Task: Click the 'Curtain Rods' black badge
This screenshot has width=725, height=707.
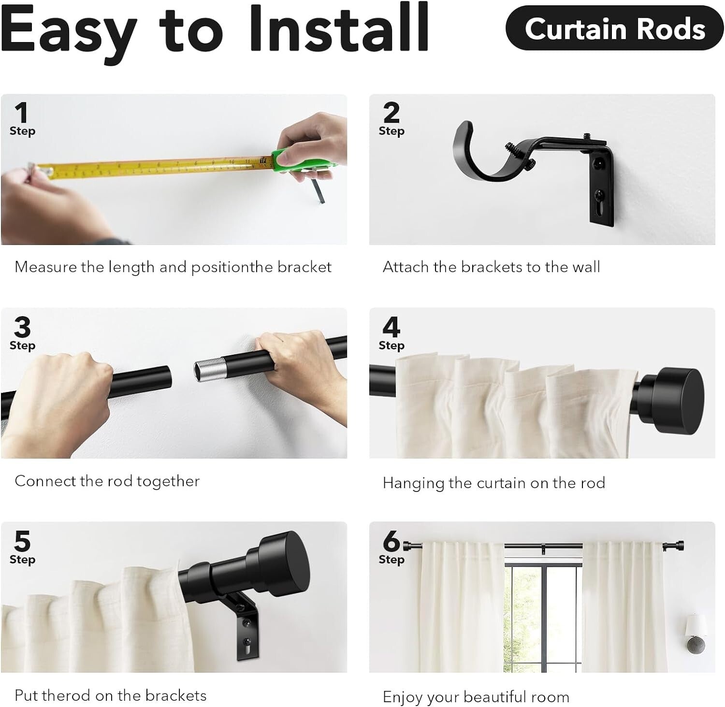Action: (614, 29)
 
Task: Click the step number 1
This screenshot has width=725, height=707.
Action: (21, 113)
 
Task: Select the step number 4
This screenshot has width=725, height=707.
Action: (391, 327)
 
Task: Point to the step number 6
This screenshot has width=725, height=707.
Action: (391, 541)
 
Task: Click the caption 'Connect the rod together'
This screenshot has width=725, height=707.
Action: (107, 481)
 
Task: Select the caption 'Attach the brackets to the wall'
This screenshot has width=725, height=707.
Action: (491, 267)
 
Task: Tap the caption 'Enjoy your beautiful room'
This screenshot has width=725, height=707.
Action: (476, 697)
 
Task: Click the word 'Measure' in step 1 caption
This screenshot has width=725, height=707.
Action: (46, 267)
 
